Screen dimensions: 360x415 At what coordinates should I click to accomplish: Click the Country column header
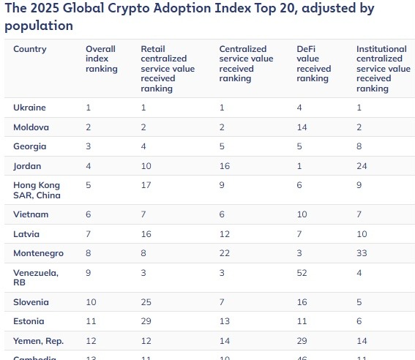[x=30, y=50]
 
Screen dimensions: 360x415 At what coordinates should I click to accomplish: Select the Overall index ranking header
[x=101, y=59]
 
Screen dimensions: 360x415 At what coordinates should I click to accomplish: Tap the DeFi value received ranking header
[x=313, y=64]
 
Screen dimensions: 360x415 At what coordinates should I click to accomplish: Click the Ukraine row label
[x=30, y=108]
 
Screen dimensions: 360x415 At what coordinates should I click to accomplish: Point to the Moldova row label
[x=31, y=127]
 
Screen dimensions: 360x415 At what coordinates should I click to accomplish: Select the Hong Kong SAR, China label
[x=37, y=190]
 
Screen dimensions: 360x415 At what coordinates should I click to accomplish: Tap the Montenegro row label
[x=38, y=253]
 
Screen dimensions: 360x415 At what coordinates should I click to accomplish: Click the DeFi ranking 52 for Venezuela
[x=302, y=273]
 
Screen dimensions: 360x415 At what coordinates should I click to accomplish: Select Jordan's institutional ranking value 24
[x=362, y=166]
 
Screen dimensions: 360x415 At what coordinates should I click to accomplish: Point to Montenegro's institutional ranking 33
[x=362, y=253]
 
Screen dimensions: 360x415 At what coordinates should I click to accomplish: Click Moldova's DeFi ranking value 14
[x=302, y=127]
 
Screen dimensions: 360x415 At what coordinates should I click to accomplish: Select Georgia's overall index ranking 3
[x=89, y=146]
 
